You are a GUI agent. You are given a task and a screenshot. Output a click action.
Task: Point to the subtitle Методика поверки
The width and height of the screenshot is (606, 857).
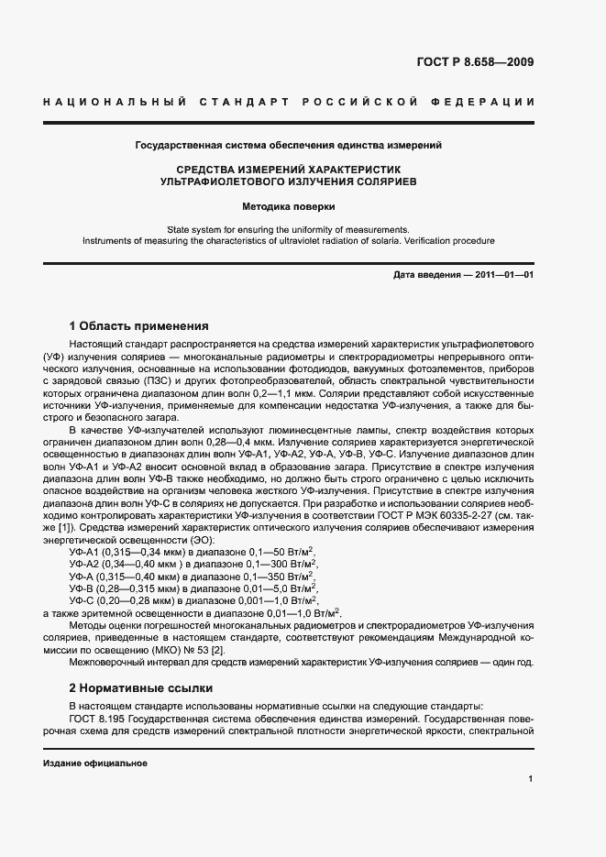(288, 207)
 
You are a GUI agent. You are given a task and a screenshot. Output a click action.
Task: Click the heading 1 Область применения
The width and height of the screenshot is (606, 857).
(139, 325)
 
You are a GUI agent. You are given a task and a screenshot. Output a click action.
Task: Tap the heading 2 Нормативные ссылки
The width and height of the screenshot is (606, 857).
(141, 687)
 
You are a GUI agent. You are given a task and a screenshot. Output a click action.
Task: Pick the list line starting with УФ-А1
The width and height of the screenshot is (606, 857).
(192, 552)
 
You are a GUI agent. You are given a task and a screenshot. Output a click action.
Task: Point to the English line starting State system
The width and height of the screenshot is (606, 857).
(288, 229)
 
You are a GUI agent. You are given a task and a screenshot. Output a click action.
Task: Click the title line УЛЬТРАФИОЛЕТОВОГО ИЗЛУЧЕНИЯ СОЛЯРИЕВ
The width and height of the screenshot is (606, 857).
(288, 182)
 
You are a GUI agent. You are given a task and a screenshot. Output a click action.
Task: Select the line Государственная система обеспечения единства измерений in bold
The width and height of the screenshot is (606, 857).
(288, 145)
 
